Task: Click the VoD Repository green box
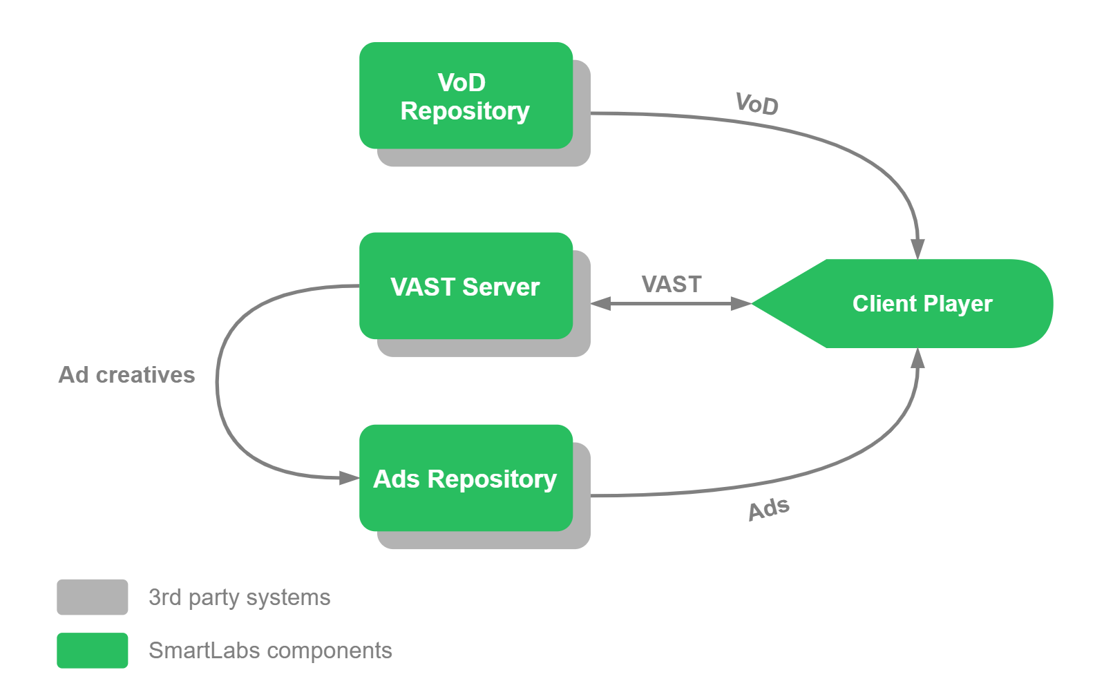[x=466, y=95]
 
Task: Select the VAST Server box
[x=466, y=286]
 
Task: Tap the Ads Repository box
[x=466, y=478]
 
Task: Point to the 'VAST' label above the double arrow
[x=671, y=284]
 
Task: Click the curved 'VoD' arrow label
[x=757, y=104]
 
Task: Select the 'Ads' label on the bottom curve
[x=768, y=509]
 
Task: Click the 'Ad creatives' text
[x=126, y=374]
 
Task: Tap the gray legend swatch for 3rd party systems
[x=93, y=597]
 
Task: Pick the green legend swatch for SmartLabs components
[x=93, y=651]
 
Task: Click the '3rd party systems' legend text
[x=239, y=597]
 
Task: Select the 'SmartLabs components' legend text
[x=270, y=651]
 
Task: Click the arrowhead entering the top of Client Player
[x=917, y=249]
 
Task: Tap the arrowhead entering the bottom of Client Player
[x=917, y=358]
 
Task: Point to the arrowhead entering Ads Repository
[x=349, y=478]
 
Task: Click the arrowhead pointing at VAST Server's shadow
[x=601, y=303]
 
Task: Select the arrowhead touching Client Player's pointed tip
[x=741, y=303]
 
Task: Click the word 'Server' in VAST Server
[x=501, y=287]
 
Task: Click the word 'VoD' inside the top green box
[x=461, y=82]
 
